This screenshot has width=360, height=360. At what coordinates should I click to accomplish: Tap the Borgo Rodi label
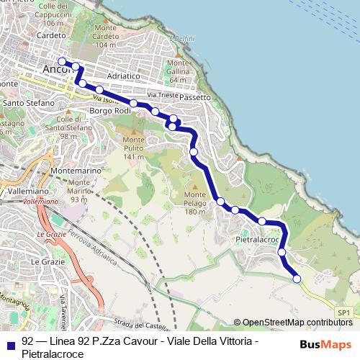click(x=109, y=111)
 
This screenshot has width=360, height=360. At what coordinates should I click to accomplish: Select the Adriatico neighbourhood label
click(x=122, y=75)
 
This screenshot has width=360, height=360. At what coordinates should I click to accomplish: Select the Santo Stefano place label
click(x=29, y=103)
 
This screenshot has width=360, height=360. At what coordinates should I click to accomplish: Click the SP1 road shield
click(x=343, y=312)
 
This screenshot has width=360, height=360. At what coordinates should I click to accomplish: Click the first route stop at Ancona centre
click(x=62, y=61)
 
